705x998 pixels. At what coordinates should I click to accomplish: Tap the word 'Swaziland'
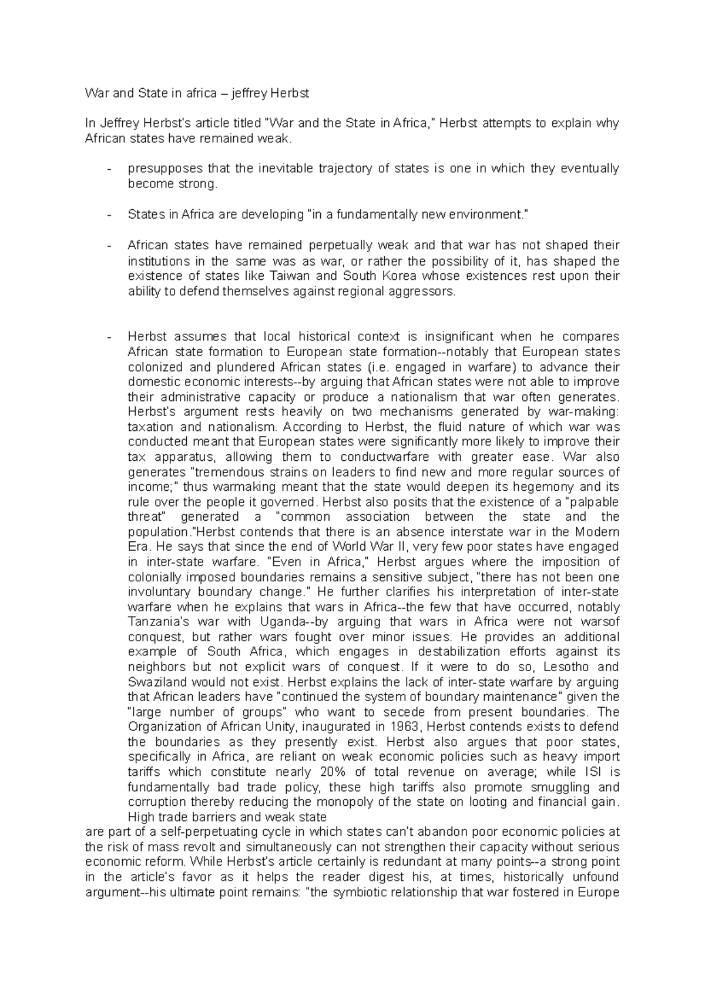(x=155, y=682)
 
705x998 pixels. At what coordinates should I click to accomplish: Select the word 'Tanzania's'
(x=156, y=622)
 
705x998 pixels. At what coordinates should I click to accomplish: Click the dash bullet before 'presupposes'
(x=109, y=169)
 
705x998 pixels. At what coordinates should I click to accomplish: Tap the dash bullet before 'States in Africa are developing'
(x=109, y=215)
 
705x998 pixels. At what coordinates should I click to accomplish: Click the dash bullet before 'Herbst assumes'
(x=109, y=337)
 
